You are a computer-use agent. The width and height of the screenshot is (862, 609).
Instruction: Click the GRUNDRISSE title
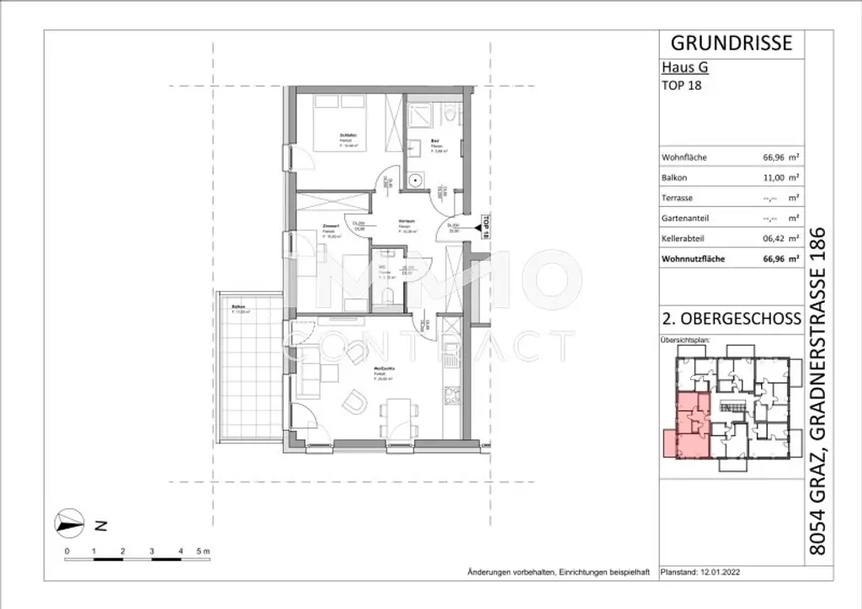pyautogui.click(x=730, y=42)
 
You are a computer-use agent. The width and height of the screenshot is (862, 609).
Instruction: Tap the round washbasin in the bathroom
pyautogui.click(x=415, y=181)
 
